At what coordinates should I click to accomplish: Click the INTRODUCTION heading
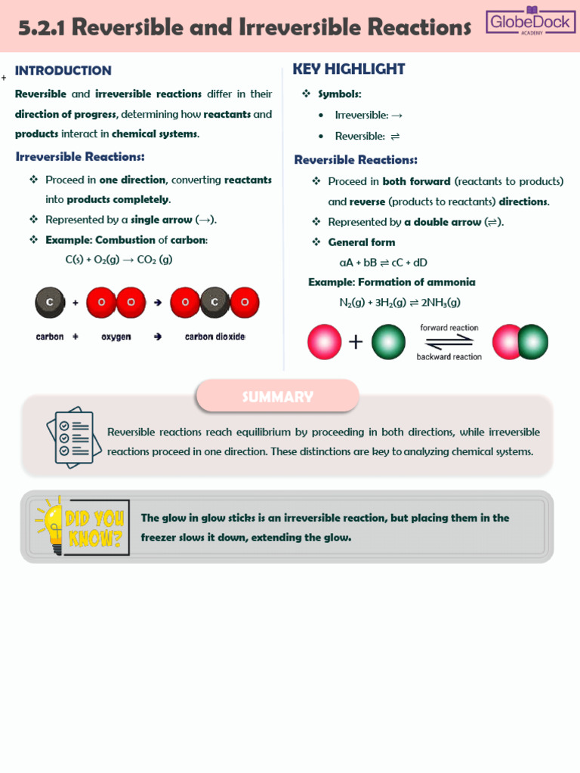point(63,71)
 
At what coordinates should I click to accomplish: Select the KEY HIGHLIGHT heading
point(349,69)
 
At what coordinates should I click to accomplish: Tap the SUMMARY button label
point(277,397)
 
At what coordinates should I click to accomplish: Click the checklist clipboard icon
point(69,437)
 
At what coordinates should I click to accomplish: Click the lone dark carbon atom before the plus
point(50,303)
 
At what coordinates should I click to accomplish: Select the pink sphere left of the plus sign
point(325,342)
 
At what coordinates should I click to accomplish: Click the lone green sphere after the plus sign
point(388,342)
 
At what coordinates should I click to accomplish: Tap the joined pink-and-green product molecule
point(520,342)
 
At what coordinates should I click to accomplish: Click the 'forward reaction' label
point(449,328)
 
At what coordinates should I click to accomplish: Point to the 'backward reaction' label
point(449,356)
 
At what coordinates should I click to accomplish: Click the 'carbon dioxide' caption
point(215,337)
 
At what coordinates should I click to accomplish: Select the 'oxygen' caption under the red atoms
point(116,337)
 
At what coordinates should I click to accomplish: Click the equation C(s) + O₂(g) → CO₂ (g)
point(119,260)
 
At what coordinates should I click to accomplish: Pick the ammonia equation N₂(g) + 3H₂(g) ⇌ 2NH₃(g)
point(400,302)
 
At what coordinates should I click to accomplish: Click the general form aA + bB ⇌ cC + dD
point(384,263)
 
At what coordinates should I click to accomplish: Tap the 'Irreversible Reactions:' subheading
point(80,157)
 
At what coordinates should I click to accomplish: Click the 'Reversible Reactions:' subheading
point(356,160)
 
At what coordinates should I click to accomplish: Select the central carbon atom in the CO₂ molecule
point(214,303)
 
